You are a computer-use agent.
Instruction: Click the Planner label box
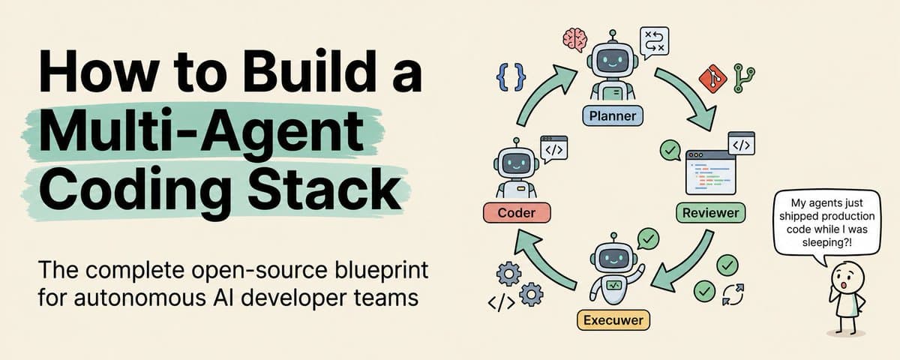pos(613,116)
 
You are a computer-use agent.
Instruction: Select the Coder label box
pos(517,212)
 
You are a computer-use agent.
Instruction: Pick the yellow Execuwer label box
pos(613,321)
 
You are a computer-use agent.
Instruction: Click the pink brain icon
pos(575,39)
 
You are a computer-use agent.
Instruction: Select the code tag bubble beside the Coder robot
pos(553,148)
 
